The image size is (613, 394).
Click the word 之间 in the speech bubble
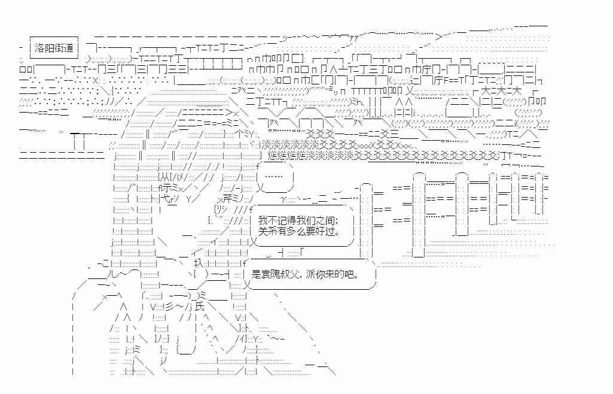330,222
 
